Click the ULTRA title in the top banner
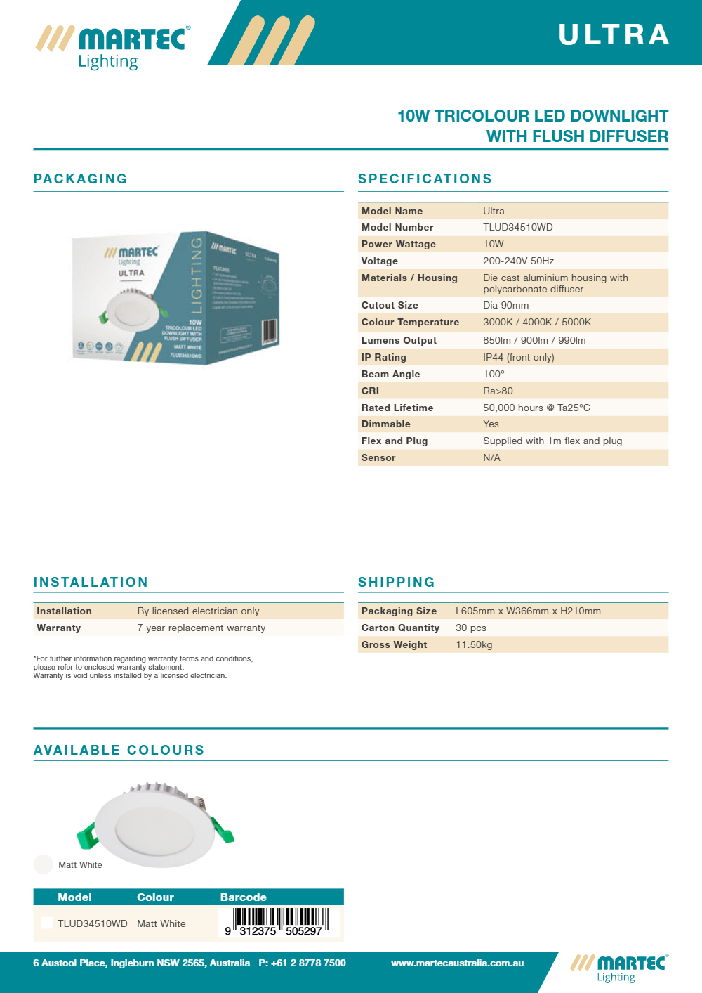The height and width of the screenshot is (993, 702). coord(614,34)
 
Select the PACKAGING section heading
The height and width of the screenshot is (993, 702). coord(81,179)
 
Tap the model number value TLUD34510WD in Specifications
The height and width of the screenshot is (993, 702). coord(517,227)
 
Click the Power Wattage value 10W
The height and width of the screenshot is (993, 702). coord(493,244)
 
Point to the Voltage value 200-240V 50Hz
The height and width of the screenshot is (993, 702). coord(518,261)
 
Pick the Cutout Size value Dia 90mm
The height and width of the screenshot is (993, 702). coord(505,305)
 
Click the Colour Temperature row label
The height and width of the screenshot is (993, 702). coord(410,322)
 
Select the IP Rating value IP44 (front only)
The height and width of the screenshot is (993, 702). coord(518,357)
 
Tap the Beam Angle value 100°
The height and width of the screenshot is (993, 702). coord(494,374)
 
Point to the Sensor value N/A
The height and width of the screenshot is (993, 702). coord(491,457)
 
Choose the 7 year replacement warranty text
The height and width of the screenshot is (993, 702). coord(201,628)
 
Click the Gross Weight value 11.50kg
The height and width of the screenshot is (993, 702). coord(474,644)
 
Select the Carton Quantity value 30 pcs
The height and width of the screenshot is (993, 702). coord(470,628)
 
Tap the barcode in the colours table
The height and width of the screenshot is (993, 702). coord(279,921)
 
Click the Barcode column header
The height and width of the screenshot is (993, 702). coord(243,897)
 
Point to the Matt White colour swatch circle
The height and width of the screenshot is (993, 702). coord(44,864)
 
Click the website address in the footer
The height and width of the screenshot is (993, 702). coord(457,963)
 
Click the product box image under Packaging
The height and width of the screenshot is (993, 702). coord(175,297)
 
